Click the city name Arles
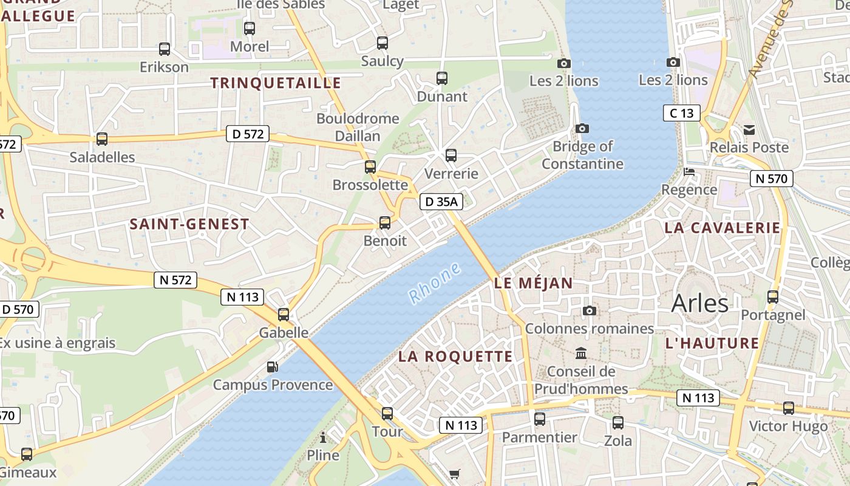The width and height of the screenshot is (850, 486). click(x=699, y=303)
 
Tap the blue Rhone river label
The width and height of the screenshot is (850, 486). click(x=435, y=283)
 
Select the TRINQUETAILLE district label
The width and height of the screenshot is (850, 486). click(x=276, y=83)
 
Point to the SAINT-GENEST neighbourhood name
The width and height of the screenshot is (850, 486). click(x=189, y=224)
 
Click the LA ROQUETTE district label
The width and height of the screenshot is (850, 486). click(x=455, y=357)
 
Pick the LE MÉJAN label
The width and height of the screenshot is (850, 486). click(x=534, y=283)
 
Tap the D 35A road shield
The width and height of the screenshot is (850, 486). click(x=441, y=202)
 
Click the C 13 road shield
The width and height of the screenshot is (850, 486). click(x=681, y=113)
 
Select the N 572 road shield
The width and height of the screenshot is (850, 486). click(x=176, y=279)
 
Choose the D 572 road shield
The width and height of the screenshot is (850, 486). click(x=248, y=134)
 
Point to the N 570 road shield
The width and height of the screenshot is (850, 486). click(x=771, y=178)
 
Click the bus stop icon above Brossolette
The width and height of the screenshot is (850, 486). click(x=370, y=167)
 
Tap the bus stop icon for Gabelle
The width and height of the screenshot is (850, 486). click(x=284, y=315)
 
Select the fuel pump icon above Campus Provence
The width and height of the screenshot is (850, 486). click(x=273, y=367)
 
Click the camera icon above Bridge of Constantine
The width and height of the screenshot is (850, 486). click(x=582, y=129)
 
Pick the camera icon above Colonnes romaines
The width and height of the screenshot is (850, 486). click(x=589, y=311)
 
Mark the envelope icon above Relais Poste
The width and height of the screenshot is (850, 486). click(x=749, y=129)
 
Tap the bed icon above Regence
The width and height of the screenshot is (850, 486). click(x=689, y=172)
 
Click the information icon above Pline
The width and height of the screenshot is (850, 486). click(x=323, y=437)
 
